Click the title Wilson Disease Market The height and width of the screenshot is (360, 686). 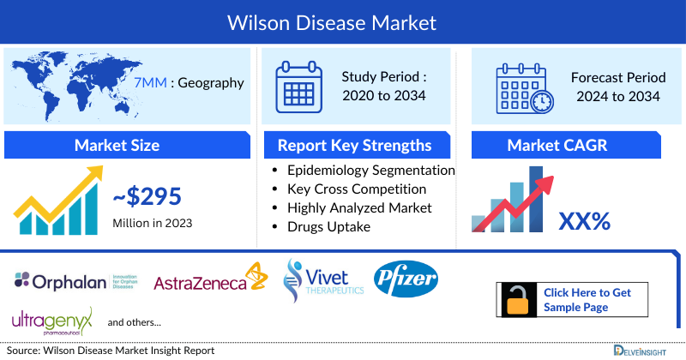tap(343, 21)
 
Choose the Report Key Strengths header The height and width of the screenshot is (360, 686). tap(354, 145)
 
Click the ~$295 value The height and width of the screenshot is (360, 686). tap(147, 197)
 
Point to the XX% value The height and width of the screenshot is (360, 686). tap(584, 221)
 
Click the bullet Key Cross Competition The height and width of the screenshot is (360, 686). tap(357, 189)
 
